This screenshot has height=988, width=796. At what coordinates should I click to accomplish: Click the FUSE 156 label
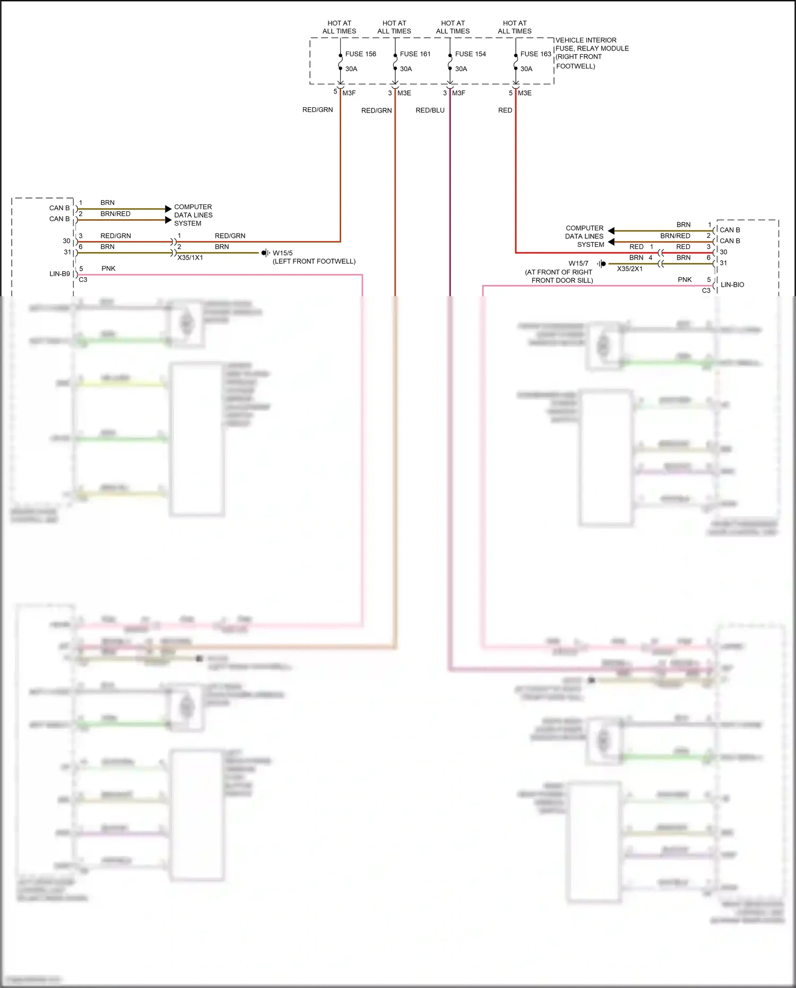pos(360,54)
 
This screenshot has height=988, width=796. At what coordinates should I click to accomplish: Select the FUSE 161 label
pos(415,54)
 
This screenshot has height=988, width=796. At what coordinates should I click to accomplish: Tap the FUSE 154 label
pos(470,54)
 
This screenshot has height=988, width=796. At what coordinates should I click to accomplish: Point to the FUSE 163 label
pos(535,54)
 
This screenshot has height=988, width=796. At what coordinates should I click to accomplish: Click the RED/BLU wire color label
pos(430,110)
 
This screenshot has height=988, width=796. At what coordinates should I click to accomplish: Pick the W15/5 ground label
pos(282,253)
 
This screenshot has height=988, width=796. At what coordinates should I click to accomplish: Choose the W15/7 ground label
pos(578,263)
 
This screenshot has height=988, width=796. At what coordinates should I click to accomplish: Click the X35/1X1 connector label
pos(190,258)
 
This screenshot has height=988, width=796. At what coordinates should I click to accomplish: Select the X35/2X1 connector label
pos(629,269)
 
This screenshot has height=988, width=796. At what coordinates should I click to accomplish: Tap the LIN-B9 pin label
pos(59,274)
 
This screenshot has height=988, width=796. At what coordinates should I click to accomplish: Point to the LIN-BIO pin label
pos(732,285)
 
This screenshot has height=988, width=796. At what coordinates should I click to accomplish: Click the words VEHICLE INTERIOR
pos(586,40)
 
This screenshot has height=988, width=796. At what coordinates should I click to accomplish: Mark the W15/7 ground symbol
pos(602,263)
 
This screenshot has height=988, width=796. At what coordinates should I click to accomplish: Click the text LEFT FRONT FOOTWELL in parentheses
pos(314,262)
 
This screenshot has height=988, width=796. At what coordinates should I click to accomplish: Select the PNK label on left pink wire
pos(108,269)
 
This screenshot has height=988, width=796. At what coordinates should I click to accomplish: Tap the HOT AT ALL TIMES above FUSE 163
pos(514,27)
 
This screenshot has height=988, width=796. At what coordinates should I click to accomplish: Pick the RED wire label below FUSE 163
pos(505,110)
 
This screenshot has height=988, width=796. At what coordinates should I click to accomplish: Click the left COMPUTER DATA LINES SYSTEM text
pos(193,215)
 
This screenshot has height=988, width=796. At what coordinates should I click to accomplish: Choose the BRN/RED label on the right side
pos(675,236)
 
